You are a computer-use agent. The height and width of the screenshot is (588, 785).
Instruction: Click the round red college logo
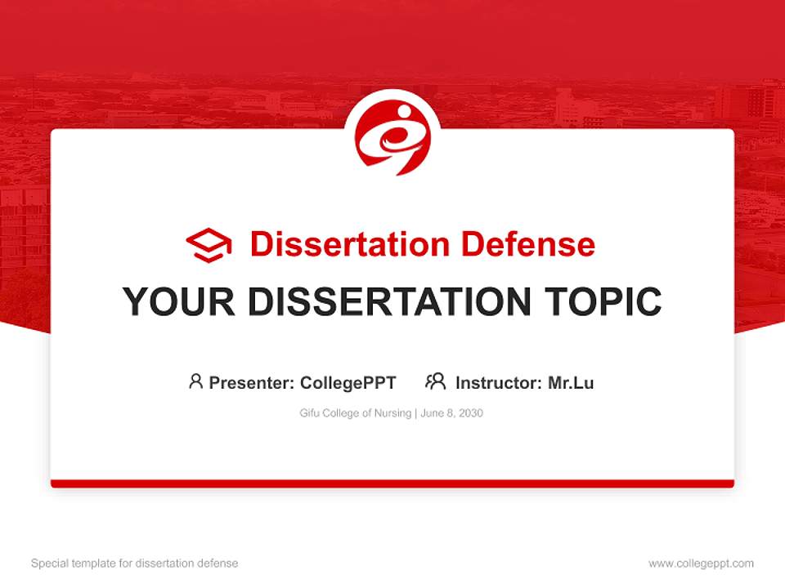392,139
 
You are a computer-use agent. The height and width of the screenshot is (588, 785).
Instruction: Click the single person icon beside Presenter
195,381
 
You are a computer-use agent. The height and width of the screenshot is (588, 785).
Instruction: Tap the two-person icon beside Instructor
435,381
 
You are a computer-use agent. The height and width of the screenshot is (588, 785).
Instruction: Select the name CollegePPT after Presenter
348,382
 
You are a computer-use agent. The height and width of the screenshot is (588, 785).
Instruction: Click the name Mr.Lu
571,382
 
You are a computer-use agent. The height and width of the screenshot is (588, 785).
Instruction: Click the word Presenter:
252,382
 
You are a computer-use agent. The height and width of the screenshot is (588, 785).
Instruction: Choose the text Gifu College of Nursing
356,413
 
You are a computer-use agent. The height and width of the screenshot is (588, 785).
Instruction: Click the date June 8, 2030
453,413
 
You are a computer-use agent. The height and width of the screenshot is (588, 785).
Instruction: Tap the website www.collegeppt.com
701,563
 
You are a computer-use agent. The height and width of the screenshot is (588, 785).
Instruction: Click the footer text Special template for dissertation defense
135,563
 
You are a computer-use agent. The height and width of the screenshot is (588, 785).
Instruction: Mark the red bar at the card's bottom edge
392,483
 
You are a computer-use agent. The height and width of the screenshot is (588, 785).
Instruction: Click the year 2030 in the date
471,413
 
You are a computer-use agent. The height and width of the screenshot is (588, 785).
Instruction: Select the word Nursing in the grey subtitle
393,413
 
